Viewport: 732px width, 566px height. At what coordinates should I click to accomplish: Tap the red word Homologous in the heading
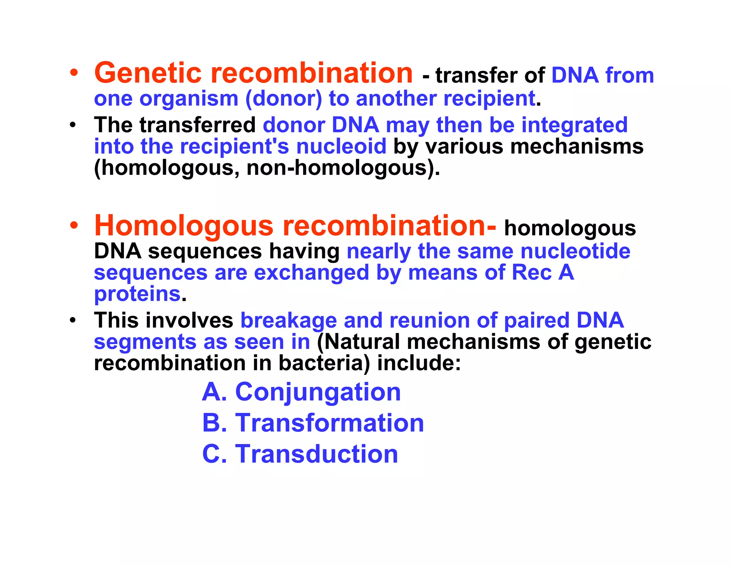pos(184,226)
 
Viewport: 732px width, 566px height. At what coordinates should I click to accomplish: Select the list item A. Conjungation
pos(301,392)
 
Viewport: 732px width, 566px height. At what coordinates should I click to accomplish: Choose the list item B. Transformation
pos(313,423)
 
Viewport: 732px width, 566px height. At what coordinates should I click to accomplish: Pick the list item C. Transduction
pos(300,454)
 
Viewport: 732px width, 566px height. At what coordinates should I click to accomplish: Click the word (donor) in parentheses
pos(284,99)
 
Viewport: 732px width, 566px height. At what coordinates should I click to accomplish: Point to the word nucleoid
pos(341,147)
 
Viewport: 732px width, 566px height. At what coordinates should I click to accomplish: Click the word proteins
pos(137,294)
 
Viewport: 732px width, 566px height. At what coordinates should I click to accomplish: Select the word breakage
pos(288,320)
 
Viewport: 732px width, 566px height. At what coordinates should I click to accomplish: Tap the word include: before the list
pos(419,363)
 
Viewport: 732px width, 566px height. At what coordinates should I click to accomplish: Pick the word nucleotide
pos(575,251)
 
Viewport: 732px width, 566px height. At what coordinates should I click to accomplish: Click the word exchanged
pos(311,273)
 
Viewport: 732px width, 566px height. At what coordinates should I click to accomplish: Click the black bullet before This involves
pos(73,320)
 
